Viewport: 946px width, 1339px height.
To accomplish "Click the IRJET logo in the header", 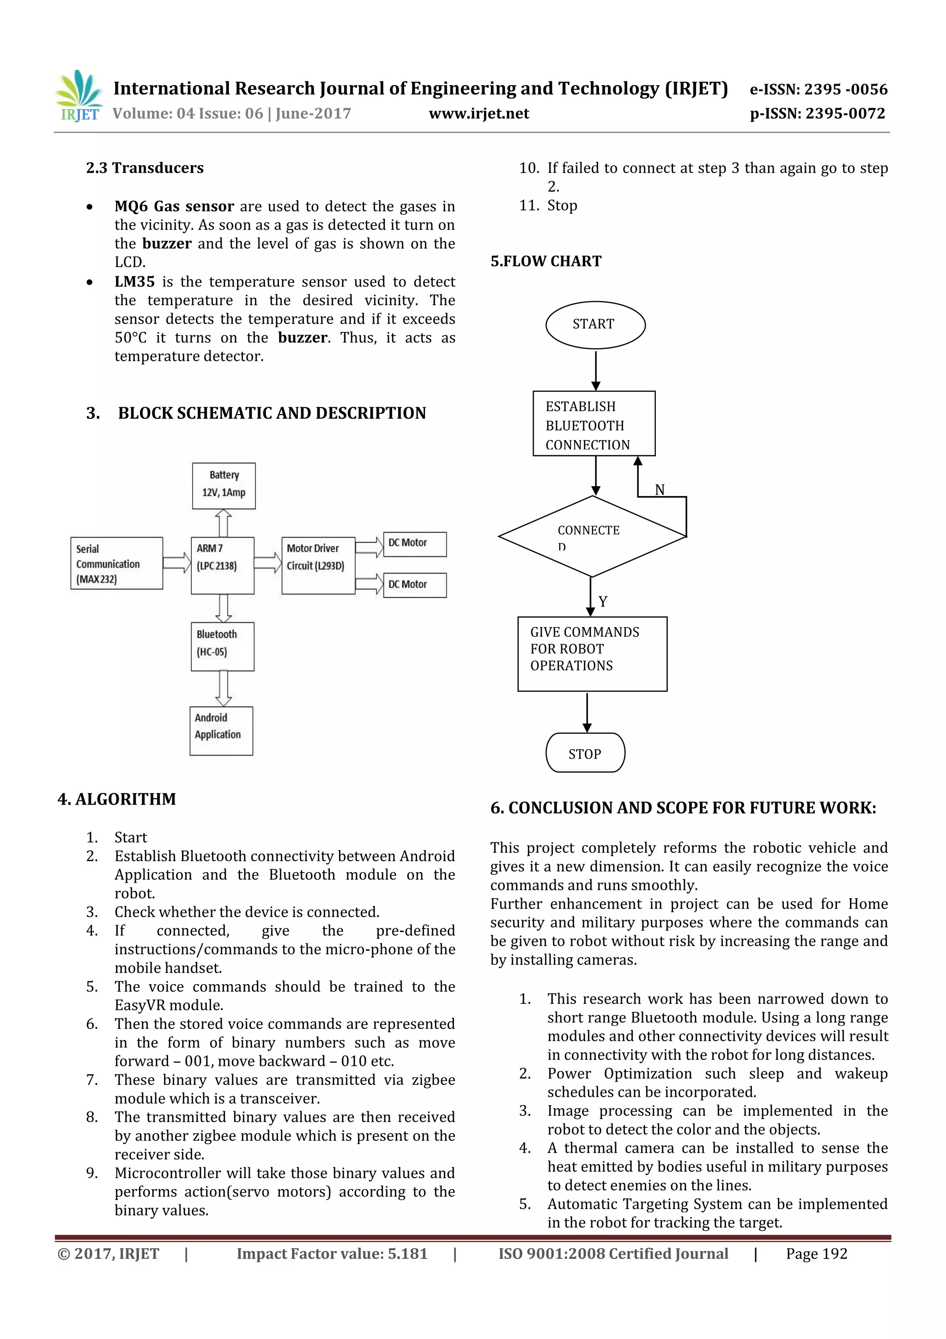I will (x=79, y=96).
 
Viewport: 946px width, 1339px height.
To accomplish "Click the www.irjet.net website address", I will (x=479, y=114).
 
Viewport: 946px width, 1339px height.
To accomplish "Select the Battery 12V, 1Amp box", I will (x=224, y=485).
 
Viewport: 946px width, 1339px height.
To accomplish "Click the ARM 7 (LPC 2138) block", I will (x=222, y=565).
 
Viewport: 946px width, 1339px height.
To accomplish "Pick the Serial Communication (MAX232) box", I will (x=116, y=563).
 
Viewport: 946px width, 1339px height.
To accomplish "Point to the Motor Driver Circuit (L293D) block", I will (x=318, y=565).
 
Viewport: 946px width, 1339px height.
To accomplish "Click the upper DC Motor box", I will (x=414, y=544).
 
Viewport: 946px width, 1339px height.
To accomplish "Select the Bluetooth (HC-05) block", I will (x=222, y=646).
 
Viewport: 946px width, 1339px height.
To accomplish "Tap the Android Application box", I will (x=221, y=730).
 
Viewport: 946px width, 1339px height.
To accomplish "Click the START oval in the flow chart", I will (x=594, y=324).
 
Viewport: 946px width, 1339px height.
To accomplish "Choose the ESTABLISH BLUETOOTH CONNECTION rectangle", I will (x=594, y=424).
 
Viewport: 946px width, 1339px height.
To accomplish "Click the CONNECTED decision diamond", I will (x=591, y=536).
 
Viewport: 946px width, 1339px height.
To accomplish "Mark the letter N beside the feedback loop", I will (x=659, y=489).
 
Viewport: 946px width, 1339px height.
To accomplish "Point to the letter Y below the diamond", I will (x=603, y=601).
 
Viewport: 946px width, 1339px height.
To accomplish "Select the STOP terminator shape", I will (x=585, y=753).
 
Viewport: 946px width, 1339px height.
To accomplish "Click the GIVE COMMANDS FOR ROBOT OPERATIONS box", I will (x=592, y=653).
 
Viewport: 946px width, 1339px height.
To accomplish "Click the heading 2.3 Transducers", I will (x=145, y=168).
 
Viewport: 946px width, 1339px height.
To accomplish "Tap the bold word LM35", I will (x=134, y=281).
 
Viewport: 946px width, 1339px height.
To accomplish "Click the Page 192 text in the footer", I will (x=816, y=1253).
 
